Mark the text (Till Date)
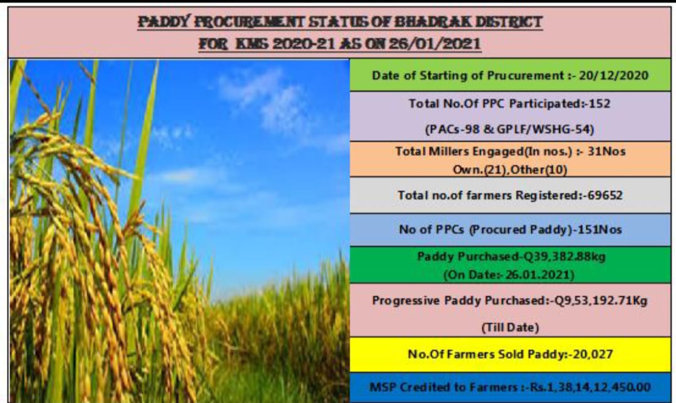(x=510, y=327)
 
